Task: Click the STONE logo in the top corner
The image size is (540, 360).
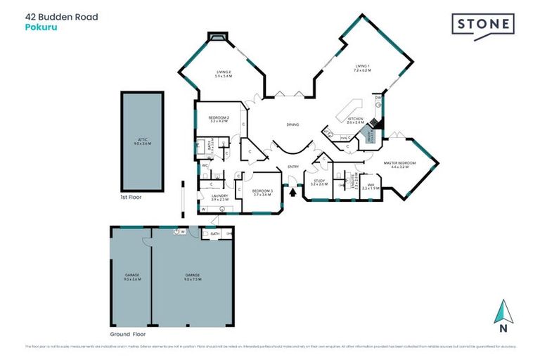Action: [x=482, y=25]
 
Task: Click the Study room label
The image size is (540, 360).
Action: [x=319, y=183]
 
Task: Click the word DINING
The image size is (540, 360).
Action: [x=292, y=124]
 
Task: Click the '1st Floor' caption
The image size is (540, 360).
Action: [x=131, y=198]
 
